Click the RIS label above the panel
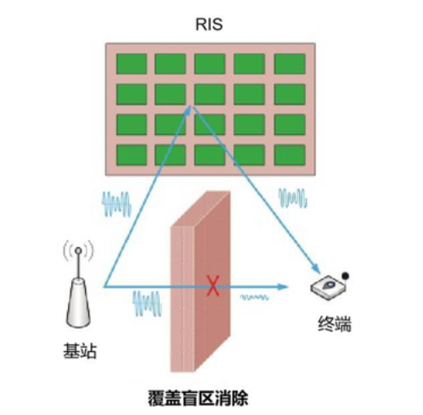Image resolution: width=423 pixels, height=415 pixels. pos(209,25)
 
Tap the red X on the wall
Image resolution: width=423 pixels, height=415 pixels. pos(212,286)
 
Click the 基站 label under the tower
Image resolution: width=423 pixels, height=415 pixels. pos(80,351)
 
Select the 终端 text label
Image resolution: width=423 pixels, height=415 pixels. pos(335,323)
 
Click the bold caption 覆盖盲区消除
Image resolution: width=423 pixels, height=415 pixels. pos(198,398)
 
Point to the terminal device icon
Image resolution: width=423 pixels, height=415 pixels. pos(329,287)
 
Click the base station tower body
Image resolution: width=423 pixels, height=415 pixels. pos(78,303)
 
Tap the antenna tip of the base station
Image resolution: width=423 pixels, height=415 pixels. pos(78,250)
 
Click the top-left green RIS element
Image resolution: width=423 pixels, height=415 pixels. pos(132,64)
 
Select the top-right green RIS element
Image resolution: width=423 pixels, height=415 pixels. pos(290,64)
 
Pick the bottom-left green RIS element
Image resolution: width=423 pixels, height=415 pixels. pos(132,155)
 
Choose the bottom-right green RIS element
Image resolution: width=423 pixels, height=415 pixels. pos(290,155)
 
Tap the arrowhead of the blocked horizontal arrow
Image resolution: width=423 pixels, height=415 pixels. pos(282,287)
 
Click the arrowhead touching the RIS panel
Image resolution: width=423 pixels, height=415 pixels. pos(188,110)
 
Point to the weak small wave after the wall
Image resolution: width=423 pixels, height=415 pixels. pos(254,297)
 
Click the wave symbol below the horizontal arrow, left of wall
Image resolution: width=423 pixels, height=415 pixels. pos(147,304)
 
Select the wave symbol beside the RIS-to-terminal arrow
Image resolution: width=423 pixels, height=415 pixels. pos(293,198)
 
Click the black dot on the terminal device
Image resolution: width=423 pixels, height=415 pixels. pos(345,276)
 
